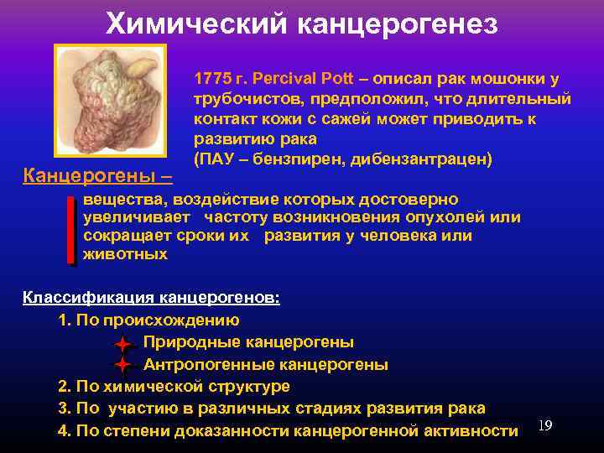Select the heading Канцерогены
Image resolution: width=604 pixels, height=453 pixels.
pyautogui.click(x=92, y=176)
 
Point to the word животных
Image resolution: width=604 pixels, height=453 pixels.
pyautogui.click(x=126, y=254)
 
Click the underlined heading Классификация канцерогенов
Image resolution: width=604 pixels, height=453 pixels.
pyautogui.click(x=151, y=298)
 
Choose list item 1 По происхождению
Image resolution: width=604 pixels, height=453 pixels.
pyautogui.click(x=149, y=320)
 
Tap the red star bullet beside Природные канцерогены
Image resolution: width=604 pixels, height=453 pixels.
pyautogui.click(x=122, y=344)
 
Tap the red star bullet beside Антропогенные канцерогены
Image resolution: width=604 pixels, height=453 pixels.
pyautogui.click(x=122, y=365)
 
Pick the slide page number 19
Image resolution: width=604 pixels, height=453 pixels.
pyautogui.click(x=544, y=426)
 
